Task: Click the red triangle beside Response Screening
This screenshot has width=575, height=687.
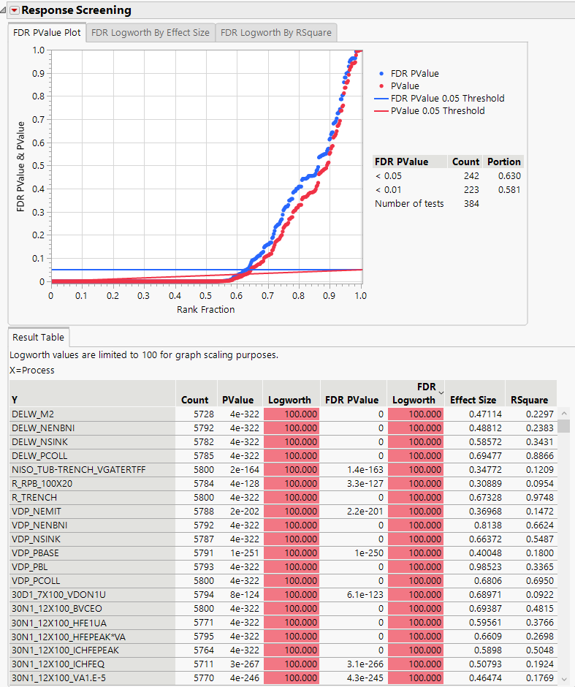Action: click(14, 10)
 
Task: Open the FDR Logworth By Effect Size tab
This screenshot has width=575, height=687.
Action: click(150, 33)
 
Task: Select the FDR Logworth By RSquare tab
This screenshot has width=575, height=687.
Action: click(275, 33)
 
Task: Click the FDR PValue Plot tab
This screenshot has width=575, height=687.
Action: click(47, 33)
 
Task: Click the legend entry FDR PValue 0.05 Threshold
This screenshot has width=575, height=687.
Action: click(447, 98)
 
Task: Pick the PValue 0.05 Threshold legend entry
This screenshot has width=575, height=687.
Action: click(438, 111)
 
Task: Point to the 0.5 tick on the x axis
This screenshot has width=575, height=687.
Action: click(206, 295)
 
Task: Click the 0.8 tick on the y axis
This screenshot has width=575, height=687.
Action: click(39, 96)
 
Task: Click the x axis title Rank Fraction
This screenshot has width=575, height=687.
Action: click(205, 309)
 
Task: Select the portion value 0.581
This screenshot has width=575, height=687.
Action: click(509, 190)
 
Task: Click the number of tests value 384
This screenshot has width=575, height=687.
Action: click(471, 204)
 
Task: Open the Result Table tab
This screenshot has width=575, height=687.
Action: click(39, 338)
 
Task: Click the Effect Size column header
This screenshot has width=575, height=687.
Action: click(473, 400)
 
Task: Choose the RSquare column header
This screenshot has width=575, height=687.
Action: click(530, 400)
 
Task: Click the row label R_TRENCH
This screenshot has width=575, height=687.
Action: click(34, 497)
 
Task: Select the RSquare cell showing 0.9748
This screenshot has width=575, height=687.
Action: click(537, 497)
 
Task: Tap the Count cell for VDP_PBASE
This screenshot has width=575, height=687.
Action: click(200, 553)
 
